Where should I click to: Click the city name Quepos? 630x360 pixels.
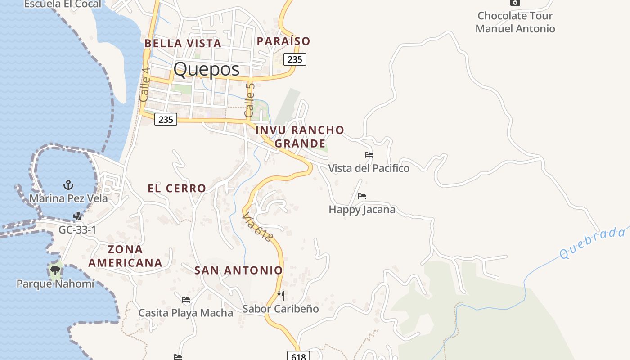[x=206, y=69]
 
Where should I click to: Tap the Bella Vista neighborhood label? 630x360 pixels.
[x=183, y=43]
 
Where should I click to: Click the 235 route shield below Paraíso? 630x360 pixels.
[x=295, y=59]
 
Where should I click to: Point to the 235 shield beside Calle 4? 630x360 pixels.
[x=166, y=119]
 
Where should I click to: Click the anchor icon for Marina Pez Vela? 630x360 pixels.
[x=68, y=184]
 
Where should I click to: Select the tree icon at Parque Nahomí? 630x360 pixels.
[x=55, y=270]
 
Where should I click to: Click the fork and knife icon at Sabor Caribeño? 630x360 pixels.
[x=281, y=295]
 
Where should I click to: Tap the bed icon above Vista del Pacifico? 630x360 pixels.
[x=369, y=155]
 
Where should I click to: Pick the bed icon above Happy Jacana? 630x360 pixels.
[x=362, y=196]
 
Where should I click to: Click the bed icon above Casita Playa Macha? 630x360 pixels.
[x=186, y=299]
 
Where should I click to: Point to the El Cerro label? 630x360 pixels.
[x=177, y=188]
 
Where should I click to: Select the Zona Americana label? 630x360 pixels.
[x=125, y=256]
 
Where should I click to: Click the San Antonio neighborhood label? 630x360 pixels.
[x=238, y=270]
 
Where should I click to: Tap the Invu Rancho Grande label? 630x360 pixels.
[x=300, y=136]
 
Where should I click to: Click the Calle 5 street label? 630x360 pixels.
[x=250, y=100]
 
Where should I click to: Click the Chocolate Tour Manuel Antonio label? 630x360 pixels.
[x=515, y=22]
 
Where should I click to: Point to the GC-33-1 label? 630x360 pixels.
[x=77, y=230]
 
